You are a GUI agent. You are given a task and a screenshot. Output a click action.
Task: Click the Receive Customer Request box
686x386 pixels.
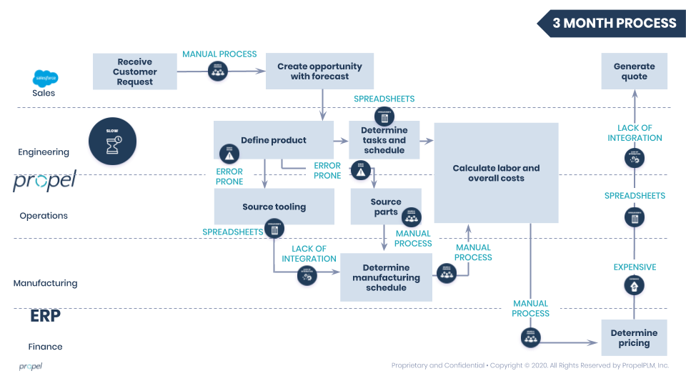[135, 71]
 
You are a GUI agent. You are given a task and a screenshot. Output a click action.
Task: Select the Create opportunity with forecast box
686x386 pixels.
[319, 71]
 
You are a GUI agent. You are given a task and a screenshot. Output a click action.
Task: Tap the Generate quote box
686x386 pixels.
[634, 71]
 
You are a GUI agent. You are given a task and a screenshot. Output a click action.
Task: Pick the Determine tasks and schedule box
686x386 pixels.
[384, 141]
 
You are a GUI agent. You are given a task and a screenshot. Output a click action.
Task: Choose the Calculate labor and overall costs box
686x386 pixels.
[496, 173]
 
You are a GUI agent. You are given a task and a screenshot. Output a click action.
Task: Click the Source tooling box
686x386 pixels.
[274, 207]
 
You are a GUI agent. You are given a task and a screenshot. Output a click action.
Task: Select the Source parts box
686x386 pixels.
[386, 207]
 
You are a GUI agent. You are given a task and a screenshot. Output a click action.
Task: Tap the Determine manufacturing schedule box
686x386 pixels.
[386, 277]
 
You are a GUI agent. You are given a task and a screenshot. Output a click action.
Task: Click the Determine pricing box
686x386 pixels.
[634, 337]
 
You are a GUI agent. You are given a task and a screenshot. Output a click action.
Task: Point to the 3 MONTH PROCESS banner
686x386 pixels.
[614, 23]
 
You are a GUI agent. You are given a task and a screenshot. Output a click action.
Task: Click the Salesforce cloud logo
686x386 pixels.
[44, 79]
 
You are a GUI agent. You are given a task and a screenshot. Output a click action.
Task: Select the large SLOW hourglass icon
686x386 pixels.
[112, 141]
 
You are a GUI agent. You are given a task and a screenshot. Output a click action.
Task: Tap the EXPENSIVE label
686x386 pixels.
[635, 267]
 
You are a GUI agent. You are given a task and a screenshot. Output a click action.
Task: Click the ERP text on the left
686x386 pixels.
[45, 316]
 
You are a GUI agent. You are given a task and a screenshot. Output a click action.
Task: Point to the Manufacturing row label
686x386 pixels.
[45, 283]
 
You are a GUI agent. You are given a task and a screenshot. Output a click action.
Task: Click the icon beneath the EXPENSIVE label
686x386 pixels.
[635, 286]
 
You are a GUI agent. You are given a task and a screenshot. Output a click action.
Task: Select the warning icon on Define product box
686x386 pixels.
[229, 154]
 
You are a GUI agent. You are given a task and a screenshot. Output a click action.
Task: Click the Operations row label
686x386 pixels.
[44, 216]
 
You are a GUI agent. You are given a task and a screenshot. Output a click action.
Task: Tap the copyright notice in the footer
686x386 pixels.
[530, 366]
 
